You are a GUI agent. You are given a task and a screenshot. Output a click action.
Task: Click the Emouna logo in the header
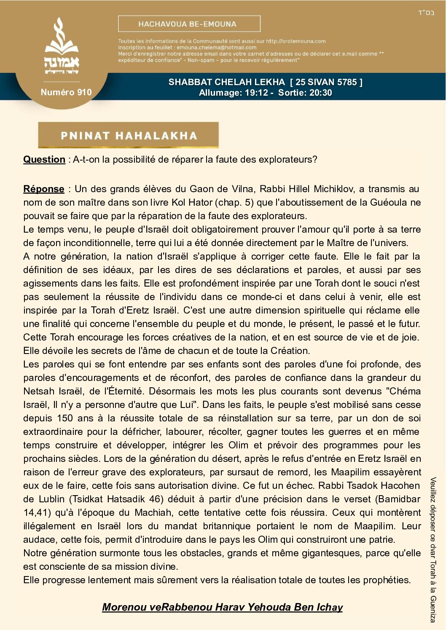tap(62, 46)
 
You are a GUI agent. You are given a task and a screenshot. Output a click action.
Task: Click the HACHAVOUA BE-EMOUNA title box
tap(189, 24)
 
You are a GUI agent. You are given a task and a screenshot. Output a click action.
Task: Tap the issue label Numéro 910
tap(66, 92)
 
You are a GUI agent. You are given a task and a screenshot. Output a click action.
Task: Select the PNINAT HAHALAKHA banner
tap(129, 135)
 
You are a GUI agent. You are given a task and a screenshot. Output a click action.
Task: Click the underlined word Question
tap(44, 160)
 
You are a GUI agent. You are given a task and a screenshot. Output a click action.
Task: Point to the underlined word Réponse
tap(44, 189)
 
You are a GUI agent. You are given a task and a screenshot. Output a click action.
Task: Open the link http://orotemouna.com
tap(296, 41)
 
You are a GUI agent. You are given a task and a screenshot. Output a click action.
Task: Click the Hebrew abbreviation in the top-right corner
tap(426, 13)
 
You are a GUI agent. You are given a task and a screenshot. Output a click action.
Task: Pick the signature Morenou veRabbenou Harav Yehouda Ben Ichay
tap(222, 607)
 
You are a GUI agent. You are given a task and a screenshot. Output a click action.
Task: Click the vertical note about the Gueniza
tap(433, 550)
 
